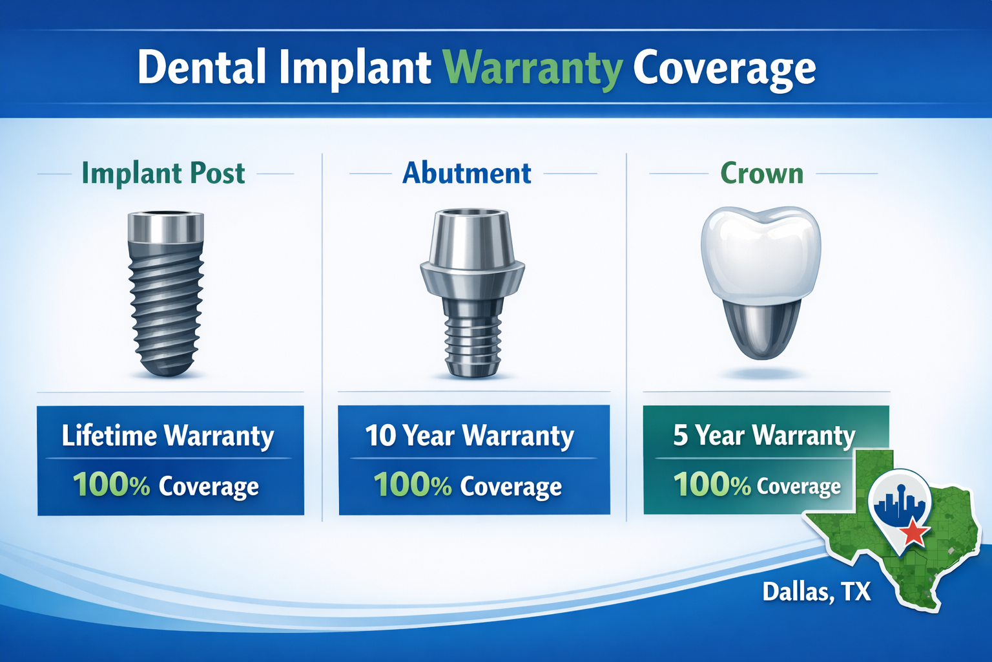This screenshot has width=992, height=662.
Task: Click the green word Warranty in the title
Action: pos(533,68)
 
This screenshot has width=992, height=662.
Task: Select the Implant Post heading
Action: pos(163,173)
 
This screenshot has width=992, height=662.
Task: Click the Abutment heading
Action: pos(466,173)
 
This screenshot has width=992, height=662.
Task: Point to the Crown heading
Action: pos(761,173)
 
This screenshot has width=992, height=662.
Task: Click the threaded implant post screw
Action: pos(167,304)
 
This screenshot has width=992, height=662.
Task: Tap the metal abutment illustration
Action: pos(472,291)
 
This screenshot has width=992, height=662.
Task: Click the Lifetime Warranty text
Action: pos(168,436)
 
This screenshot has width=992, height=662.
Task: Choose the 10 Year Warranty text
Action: pos(470,436)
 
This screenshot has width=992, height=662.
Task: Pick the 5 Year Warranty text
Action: pos(764,436)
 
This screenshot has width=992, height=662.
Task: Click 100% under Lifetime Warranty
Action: pos(111,485)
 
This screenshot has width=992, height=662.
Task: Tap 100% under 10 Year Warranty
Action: pos(413,485)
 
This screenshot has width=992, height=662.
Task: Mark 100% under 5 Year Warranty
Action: pos(712,485)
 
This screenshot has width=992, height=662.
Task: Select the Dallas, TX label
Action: pos(816,592)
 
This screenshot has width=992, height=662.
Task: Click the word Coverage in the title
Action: pos(724,68)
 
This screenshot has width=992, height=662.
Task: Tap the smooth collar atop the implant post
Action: pos(166,227)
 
